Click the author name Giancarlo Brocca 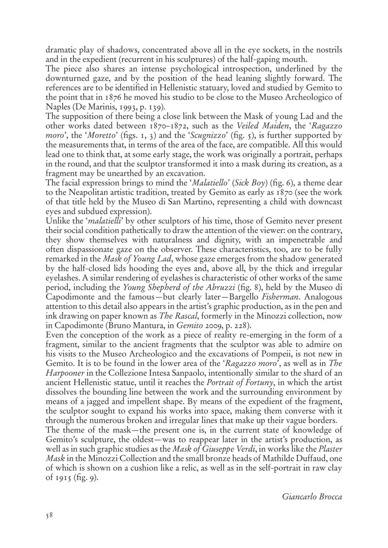(312, 496)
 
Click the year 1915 (64, 477)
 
